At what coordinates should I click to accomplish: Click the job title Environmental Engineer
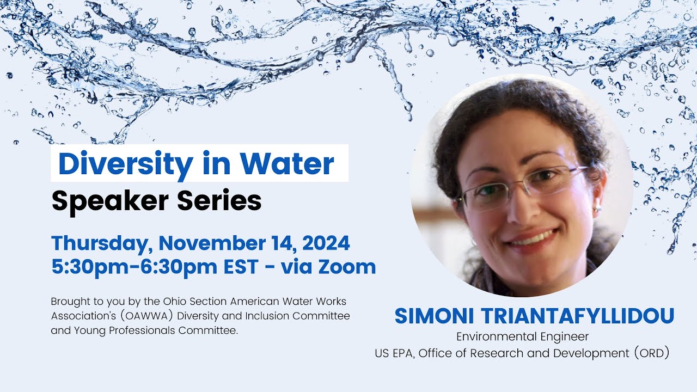coord(522,337)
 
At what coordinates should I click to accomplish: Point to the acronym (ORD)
coord(651,353)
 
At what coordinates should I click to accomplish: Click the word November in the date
coord(218,243)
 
